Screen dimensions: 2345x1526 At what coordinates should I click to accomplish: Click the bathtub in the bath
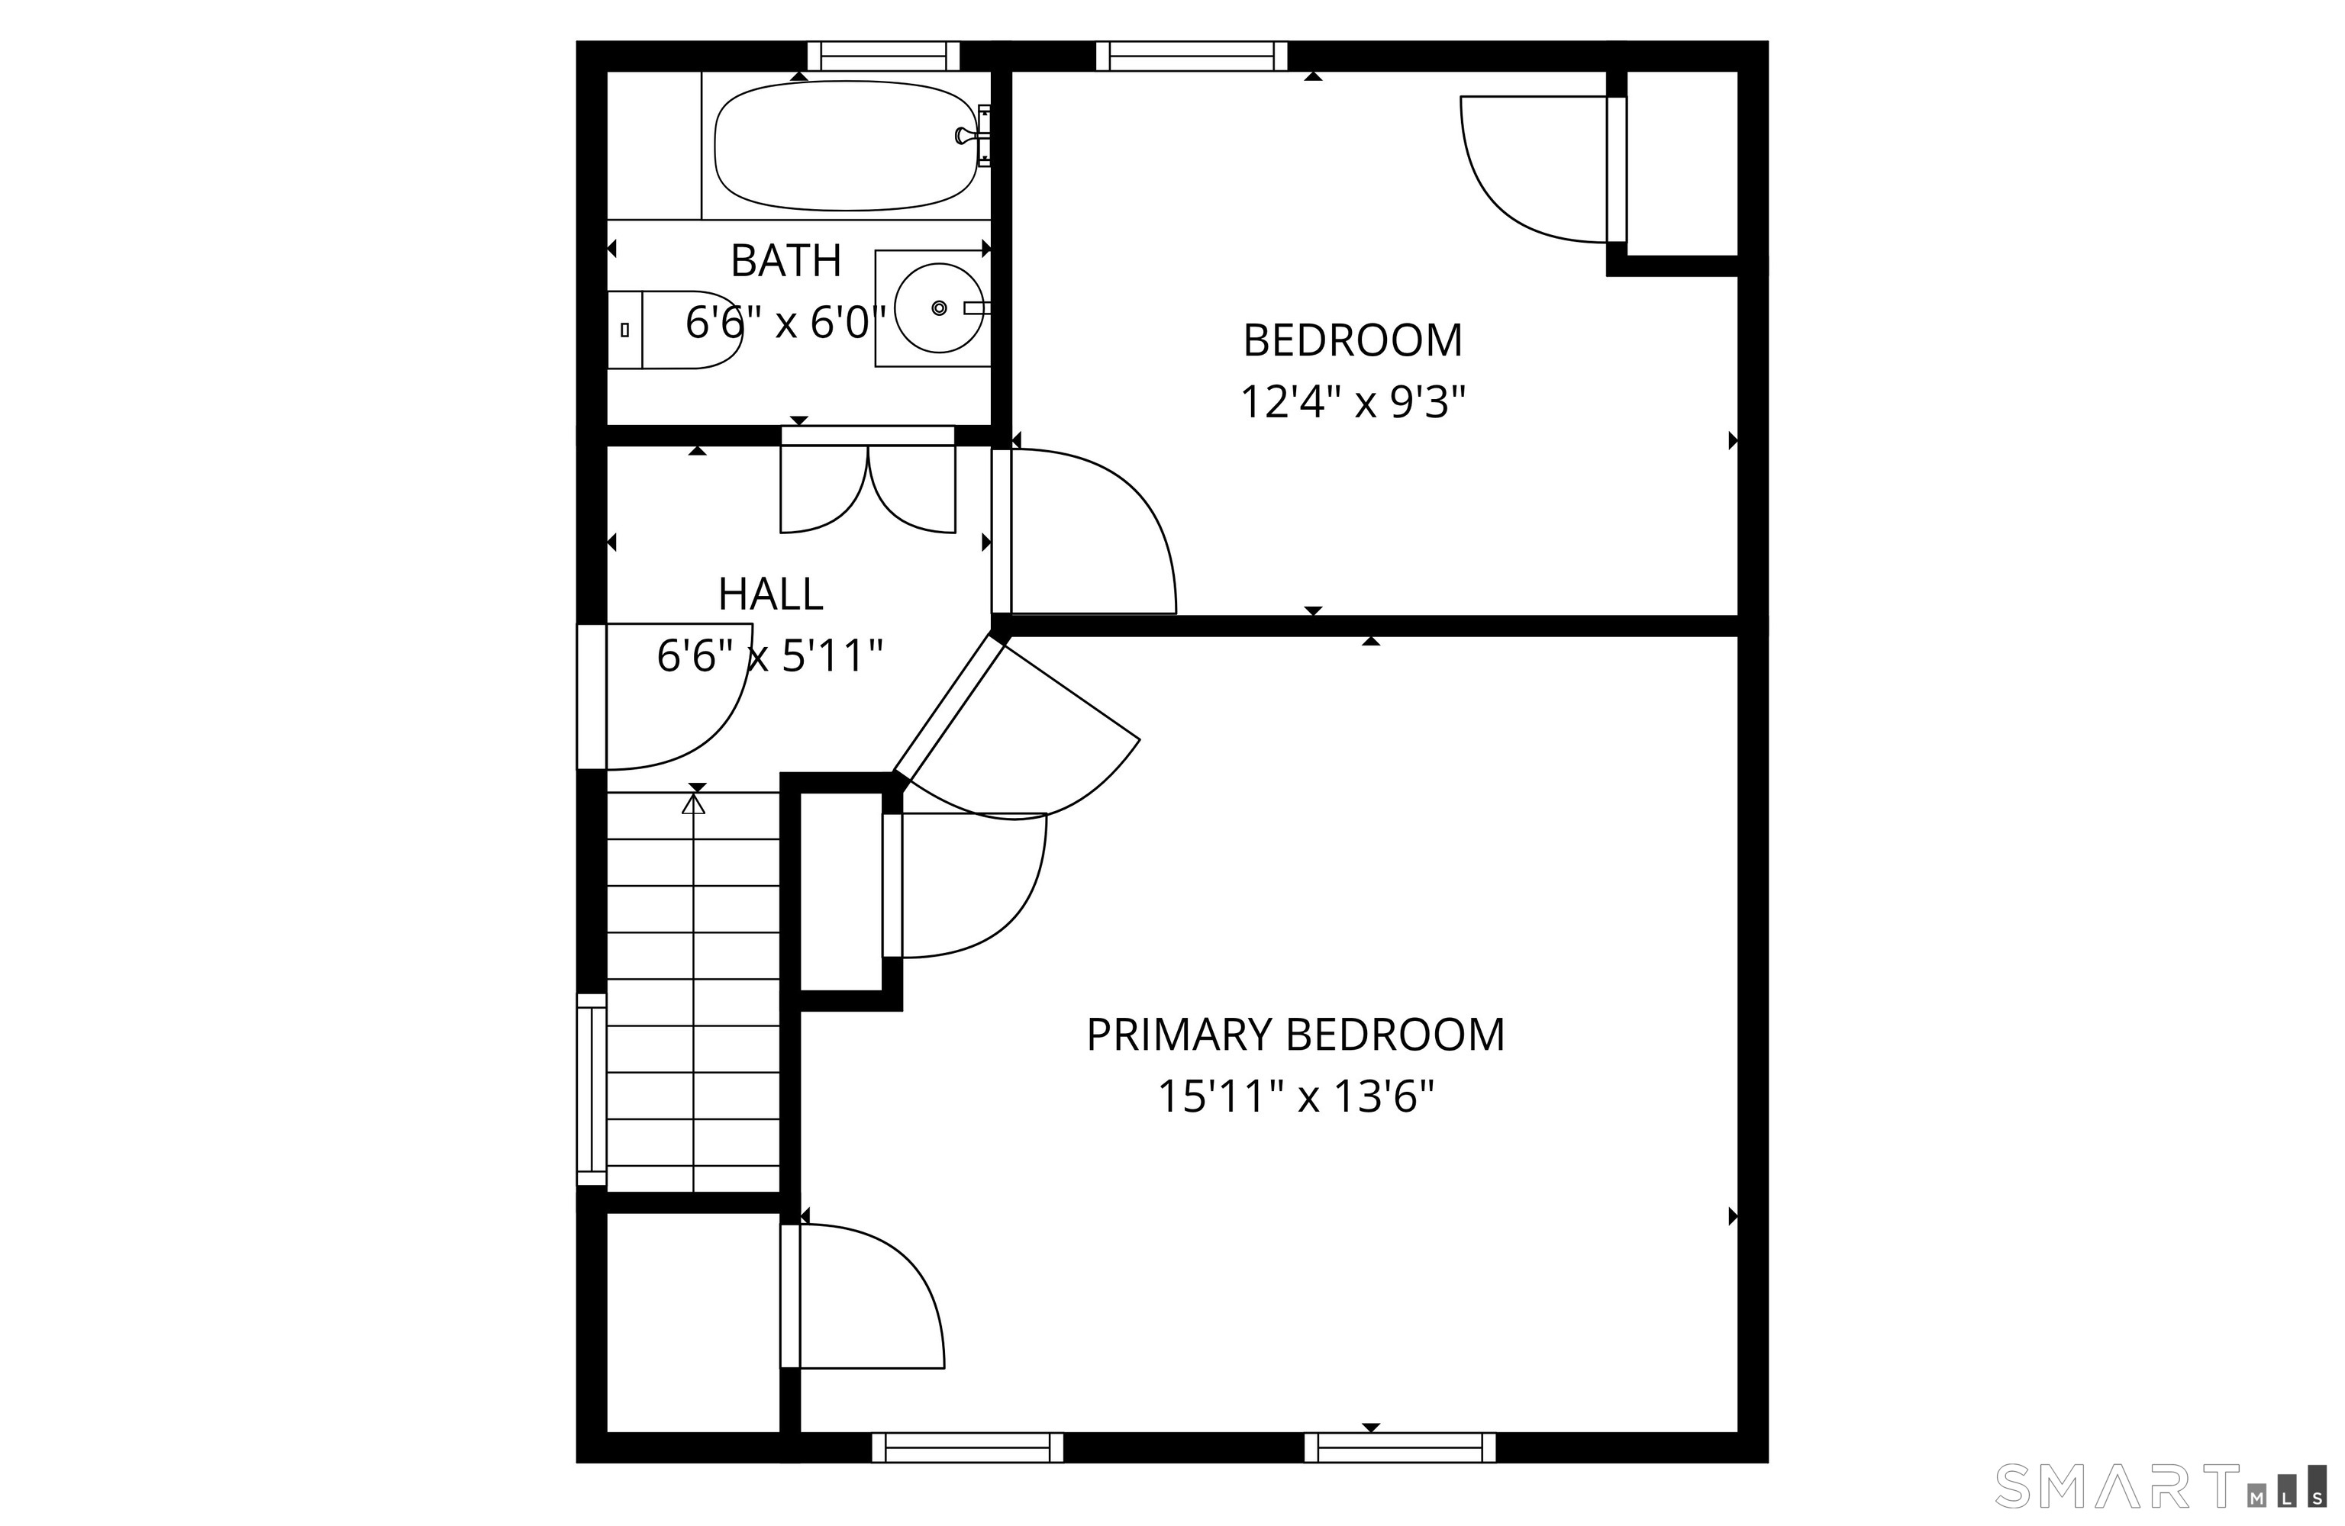(845, 146)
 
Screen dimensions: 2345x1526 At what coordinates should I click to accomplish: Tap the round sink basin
(939, 308)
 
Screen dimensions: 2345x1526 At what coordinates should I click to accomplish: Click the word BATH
(786, 261)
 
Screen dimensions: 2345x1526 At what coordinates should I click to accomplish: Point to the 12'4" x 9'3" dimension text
(1353, 402)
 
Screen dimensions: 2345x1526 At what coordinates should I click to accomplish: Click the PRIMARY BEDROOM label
(1295, 1035)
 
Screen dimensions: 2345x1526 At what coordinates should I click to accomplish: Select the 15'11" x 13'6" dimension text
(1295, 1096)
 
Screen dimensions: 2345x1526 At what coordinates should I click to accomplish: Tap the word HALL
(770, 594)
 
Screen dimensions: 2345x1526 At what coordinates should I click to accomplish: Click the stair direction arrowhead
(694, 804)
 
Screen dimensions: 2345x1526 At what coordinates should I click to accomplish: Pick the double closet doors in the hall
(868, 480)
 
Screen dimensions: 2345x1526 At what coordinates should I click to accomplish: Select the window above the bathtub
(884, 56)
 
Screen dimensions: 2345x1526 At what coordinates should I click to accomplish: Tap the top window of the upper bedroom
(1192, 56)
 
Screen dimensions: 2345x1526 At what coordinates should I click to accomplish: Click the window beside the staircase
(591, 1090)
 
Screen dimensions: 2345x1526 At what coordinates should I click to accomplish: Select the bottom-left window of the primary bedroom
(968, 1447)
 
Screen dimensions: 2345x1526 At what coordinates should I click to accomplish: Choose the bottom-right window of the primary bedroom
(1400, 1447)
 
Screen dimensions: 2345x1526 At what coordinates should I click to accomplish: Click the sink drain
(939, 308)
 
